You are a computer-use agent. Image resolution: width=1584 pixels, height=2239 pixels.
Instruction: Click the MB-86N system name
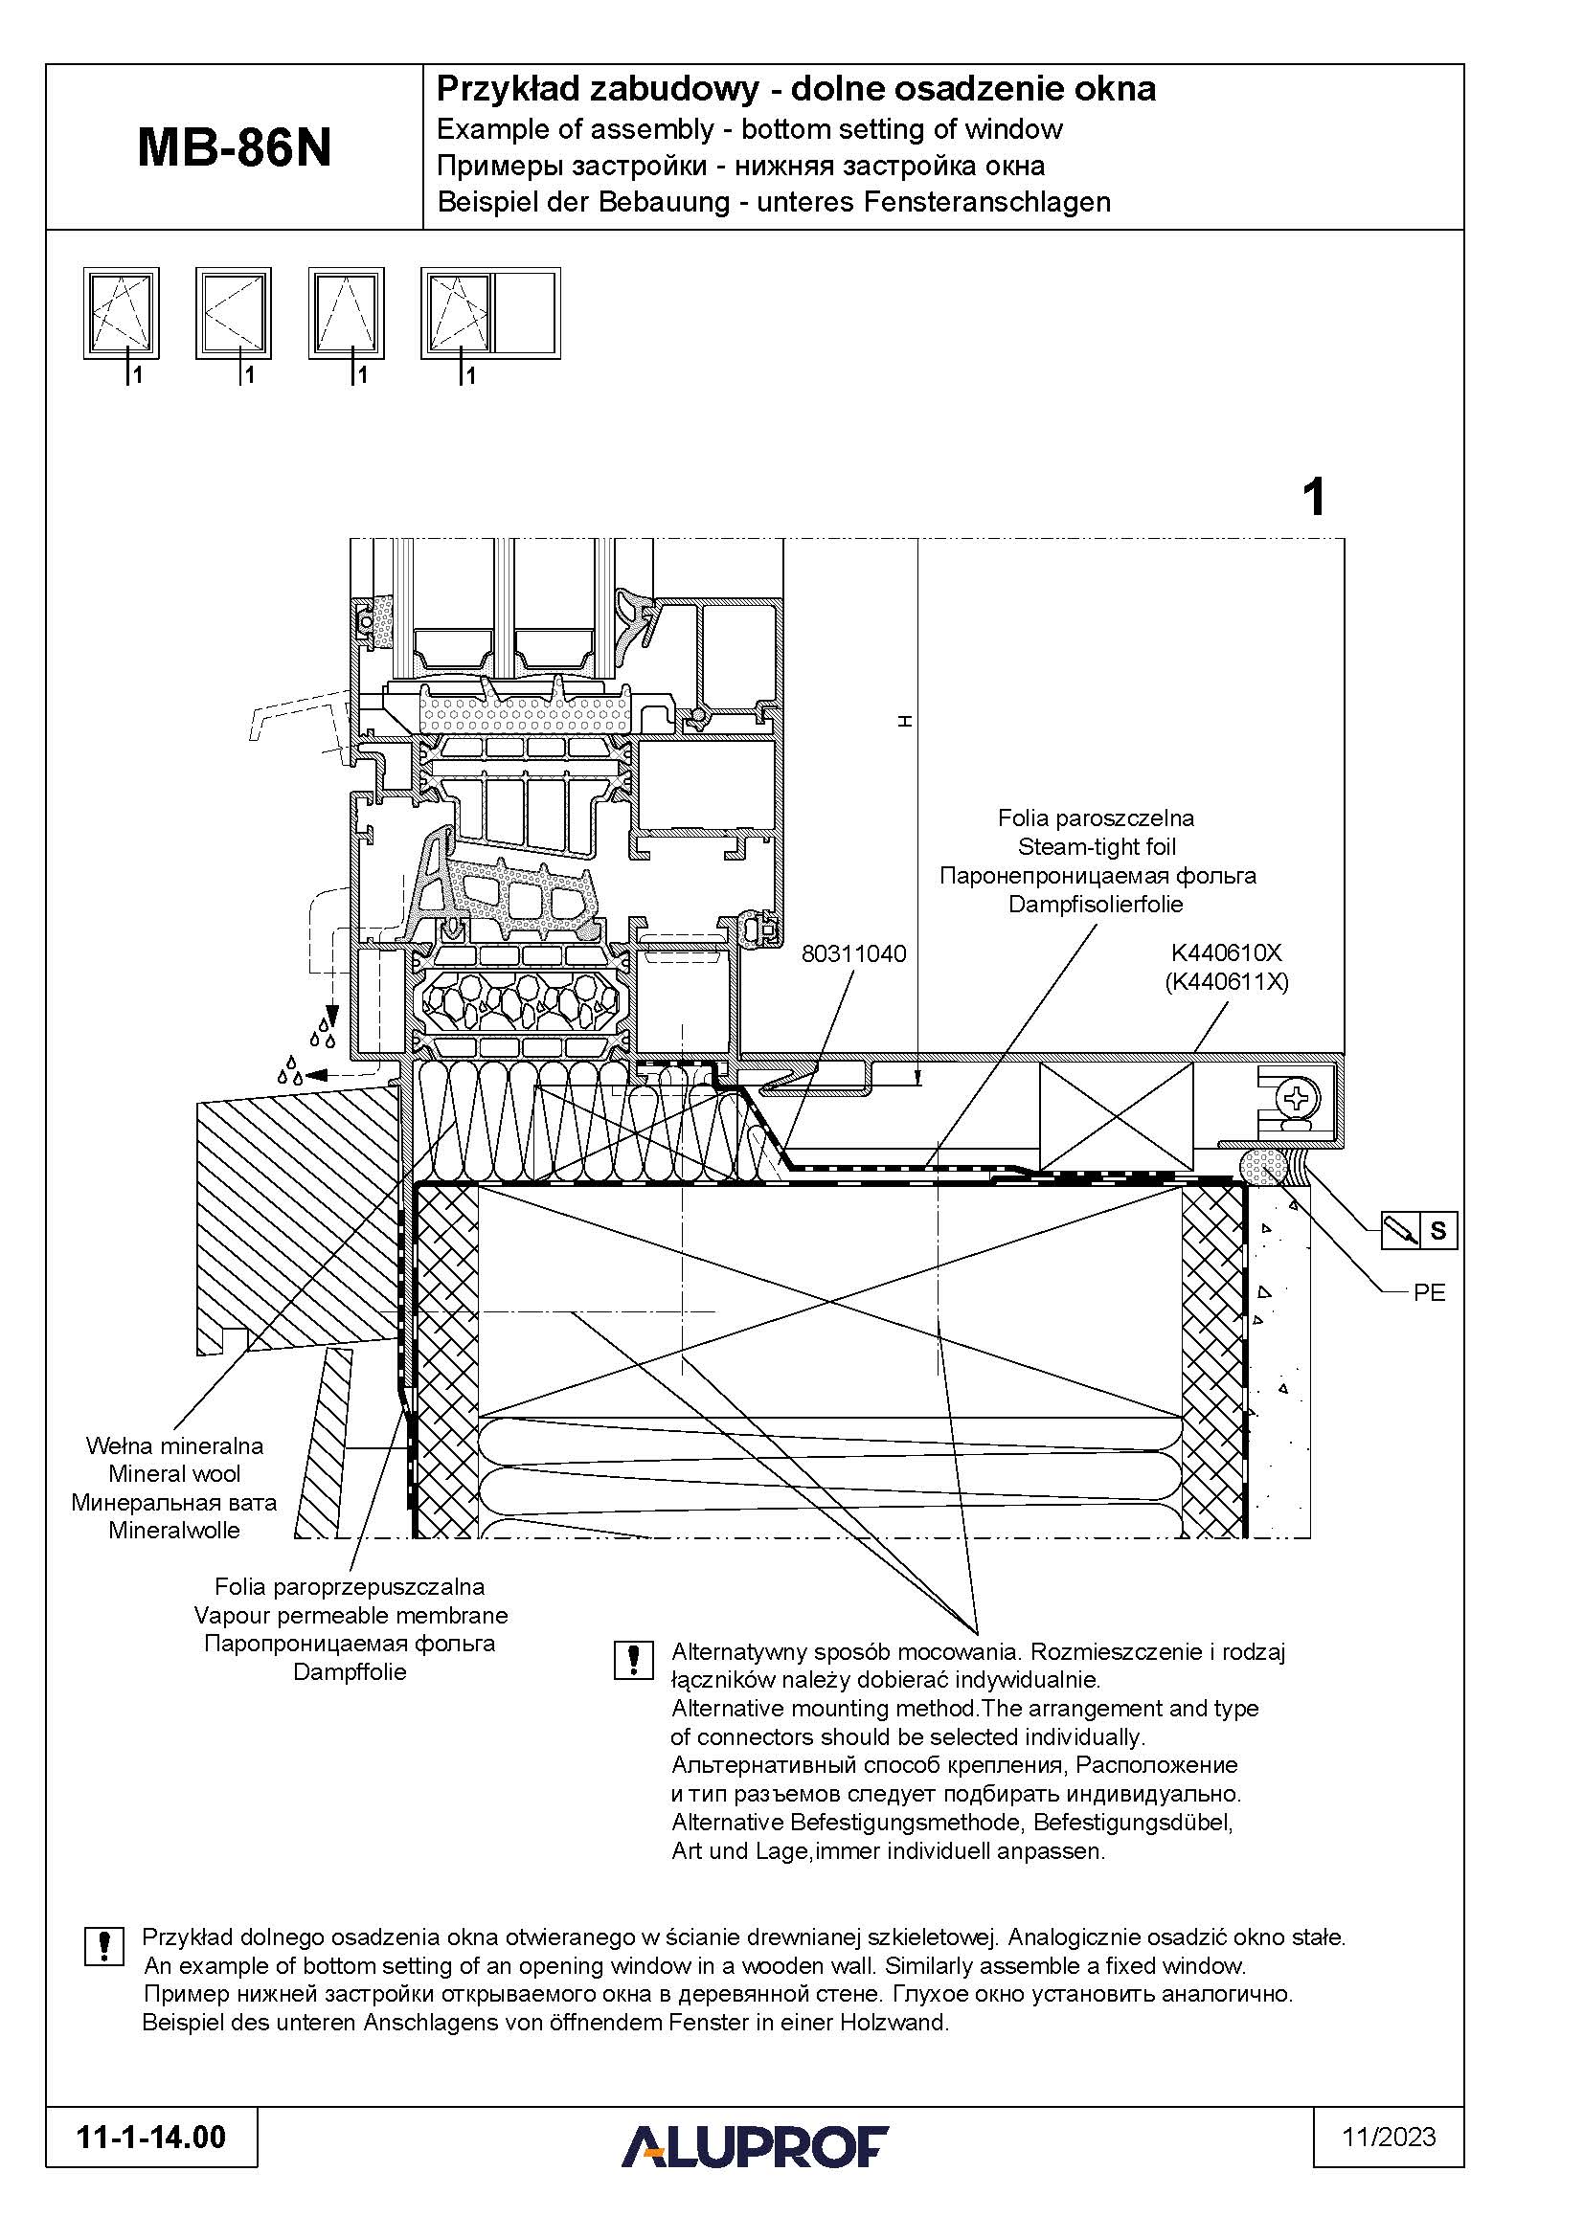pos(234,148)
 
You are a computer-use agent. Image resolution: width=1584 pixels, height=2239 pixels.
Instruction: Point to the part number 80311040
pos(853,953)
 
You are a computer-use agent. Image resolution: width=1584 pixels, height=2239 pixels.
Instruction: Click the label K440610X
pos(1227,952)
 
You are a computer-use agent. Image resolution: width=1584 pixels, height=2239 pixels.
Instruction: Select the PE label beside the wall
pos(1429,1293)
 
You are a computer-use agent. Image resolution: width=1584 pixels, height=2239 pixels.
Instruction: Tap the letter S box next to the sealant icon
pos(1437,1231)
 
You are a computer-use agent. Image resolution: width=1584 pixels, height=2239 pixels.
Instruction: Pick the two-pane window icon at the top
pos(490,313)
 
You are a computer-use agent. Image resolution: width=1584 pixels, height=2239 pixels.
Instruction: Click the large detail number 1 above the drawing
pos(1314,498)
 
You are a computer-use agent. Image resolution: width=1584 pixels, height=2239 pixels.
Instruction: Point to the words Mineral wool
pos(174,1473)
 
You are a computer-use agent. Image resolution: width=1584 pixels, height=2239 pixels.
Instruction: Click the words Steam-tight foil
pos(1097,846)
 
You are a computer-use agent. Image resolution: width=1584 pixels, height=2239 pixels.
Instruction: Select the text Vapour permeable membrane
pos(351,1615)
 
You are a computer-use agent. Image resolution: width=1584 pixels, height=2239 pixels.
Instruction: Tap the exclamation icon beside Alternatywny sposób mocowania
pos(633,1660)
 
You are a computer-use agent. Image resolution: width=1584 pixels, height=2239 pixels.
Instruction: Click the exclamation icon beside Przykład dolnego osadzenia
pos(104,1945)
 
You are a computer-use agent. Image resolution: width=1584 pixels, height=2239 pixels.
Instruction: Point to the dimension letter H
pos(904,721)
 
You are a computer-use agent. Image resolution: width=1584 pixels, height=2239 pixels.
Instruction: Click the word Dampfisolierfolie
pos(1096,904)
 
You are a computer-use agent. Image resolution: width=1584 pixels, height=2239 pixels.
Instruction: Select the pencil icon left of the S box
pos(1402,1231)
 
